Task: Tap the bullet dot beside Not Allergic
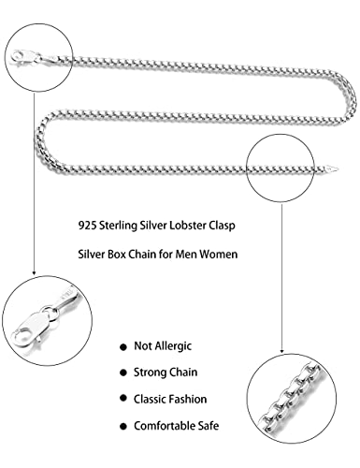125,345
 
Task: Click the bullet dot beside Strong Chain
125,373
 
